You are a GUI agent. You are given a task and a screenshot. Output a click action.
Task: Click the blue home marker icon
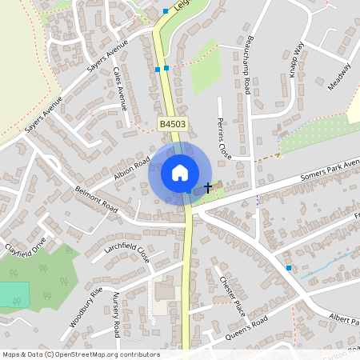pos(179,173)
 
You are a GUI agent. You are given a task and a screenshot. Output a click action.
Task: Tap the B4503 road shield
pos(171,124)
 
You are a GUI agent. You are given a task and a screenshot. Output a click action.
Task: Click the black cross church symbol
pos(208,188)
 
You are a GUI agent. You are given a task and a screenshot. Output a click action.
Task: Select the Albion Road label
pos(131,165)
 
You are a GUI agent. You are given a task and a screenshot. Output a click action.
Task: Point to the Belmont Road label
pos(96,200)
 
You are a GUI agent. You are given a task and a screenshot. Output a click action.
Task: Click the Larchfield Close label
pos(127,254)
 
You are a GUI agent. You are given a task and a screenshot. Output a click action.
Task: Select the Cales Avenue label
pos(120,87)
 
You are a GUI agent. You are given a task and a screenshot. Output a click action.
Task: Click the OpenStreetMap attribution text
pos(80,354)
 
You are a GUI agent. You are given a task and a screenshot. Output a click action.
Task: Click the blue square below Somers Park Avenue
pos(289,268)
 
